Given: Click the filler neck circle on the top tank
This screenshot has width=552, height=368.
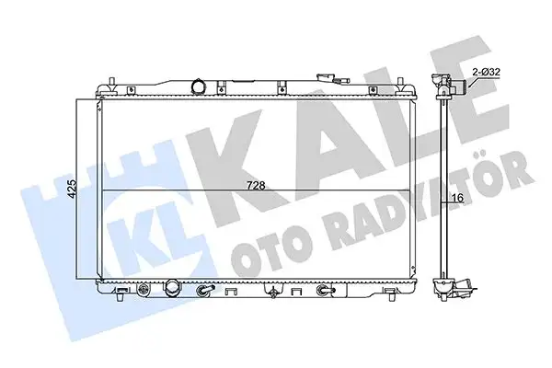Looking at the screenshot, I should [x=198, y=87].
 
